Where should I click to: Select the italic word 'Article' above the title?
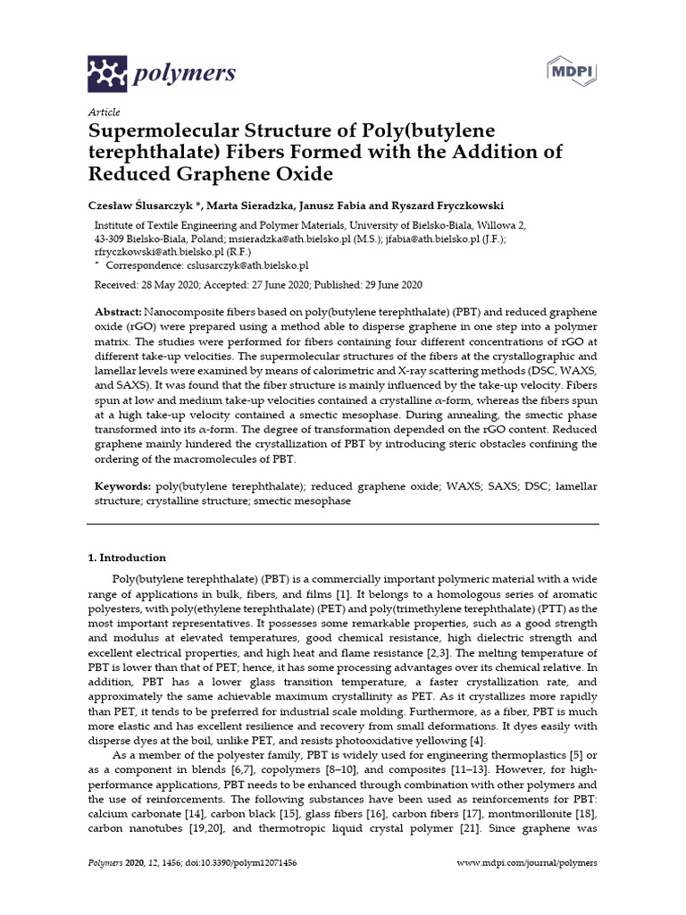pos(103,113)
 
